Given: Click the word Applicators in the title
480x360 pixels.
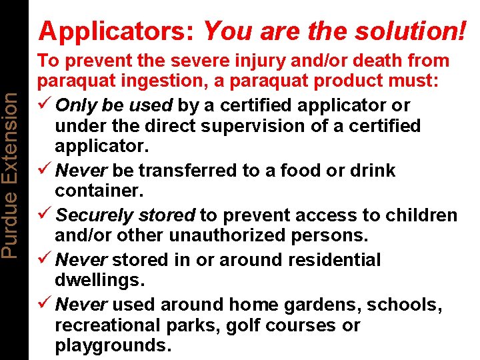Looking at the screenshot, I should (117, 31).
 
